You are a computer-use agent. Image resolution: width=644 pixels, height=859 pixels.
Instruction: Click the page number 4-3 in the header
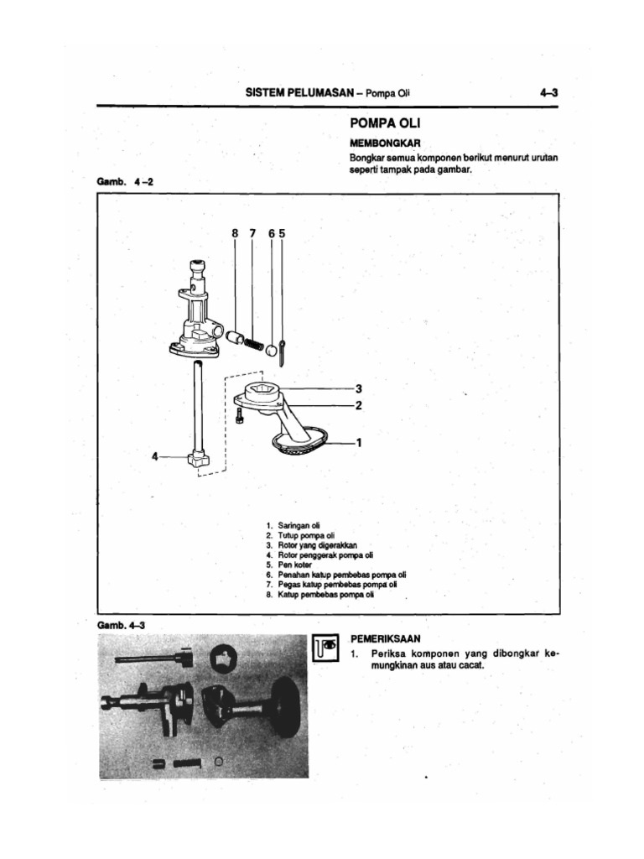pos(549,94)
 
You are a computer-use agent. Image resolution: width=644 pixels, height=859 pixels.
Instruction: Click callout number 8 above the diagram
pos(235,234)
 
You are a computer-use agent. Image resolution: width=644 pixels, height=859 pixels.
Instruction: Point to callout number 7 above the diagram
pos(252,234)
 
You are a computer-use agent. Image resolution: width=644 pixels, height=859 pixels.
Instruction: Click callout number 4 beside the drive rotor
pos(154,456)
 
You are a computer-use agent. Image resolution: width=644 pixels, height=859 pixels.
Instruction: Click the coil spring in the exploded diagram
pos(253,343)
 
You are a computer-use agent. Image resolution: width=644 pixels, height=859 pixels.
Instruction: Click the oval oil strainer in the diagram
pos(300,440)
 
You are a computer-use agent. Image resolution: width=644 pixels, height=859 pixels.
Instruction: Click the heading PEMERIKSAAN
pos(387,638)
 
